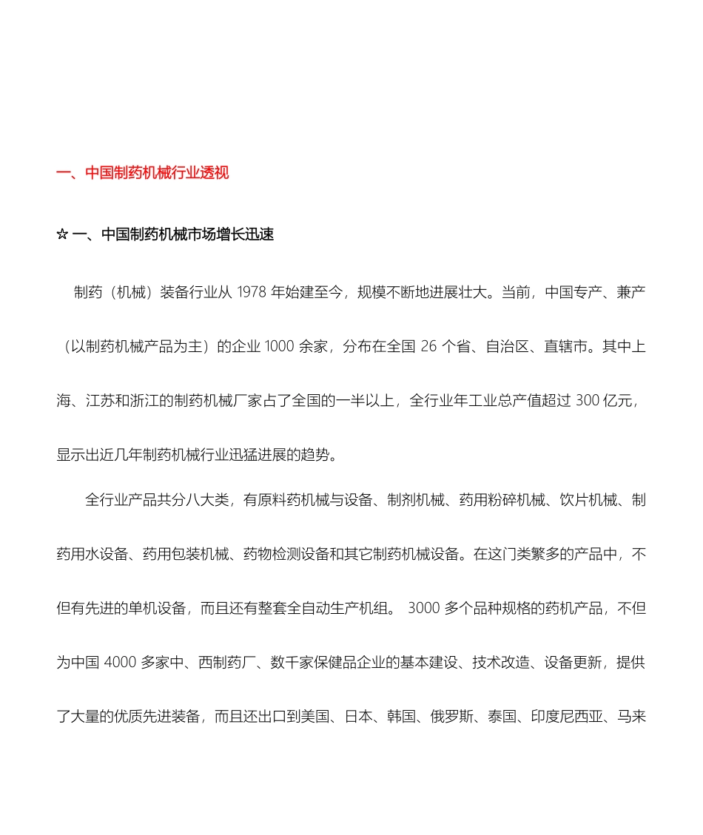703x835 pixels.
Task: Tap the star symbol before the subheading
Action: coord(62,235)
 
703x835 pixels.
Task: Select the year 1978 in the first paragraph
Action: coord(252,292)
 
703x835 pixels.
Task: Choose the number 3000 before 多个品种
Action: coord(423,608)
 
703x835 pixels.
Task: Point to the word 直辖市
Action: coord(566,345)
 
